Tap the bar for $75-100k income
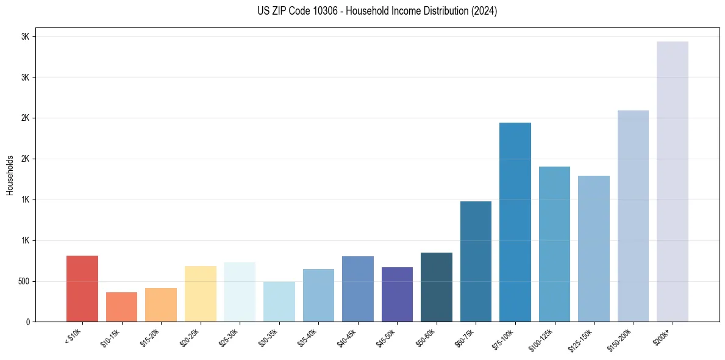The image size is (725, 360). pos(515,222)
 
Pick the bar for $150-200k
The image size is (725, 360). pos(633,216)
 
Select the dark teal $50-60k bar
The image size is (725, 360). pos(436,287)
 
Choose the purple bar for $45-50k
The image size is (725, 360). pos(397,294)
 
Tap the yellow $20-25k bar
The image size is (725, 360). pos(200,293)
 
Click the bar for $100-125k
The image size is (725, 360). pos(554,244)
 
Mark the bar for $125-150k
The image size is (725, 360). pos(593,248)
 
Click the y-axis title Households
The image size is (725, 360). pos(10,175)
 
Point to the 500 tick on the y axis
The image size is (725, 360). pos(25,281)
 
